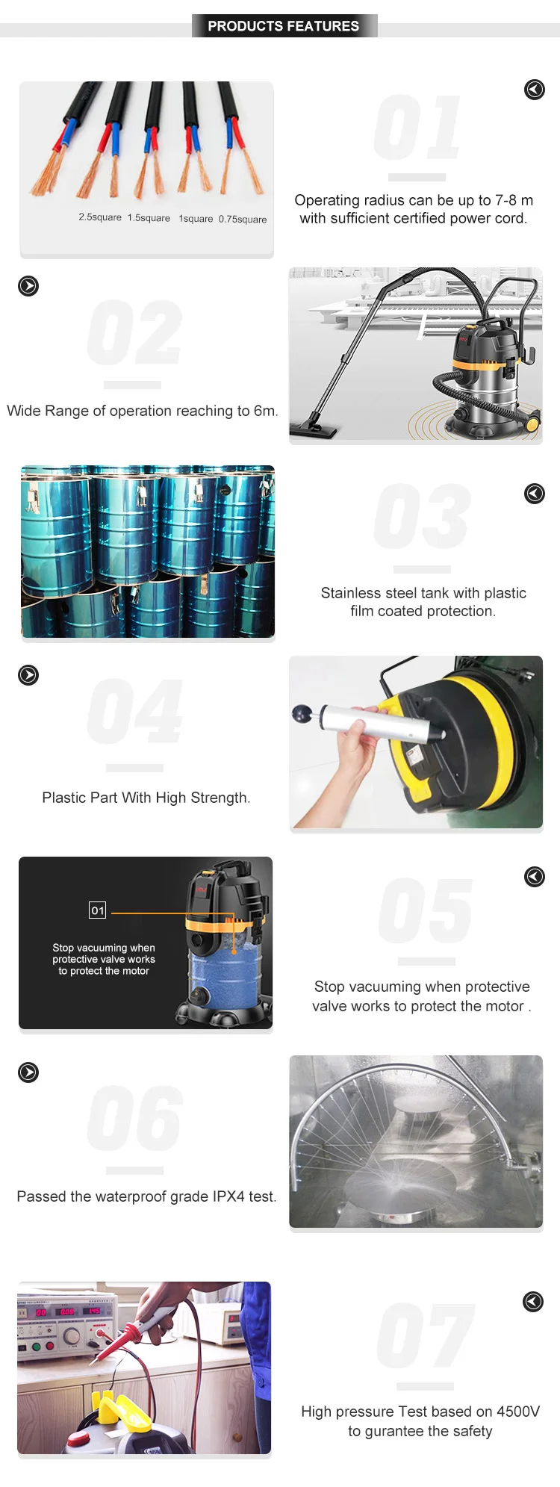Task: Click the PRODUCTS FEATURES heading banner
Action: [284, 26]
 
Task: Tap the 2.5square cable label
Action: [100, 217]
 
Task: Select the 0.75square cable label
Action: [243, 220]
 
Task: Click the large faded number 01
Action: [417, 128]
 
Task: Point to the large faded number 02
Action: [134, 333]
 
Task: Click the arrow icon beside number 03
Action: [535, 494]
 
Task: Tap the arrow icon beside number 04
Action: [28, 675]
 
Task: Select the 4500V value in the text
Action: [518, 1412]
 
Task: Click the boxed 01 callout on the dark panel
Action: [98, 910]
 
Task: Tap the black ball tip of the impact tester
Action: [302, 714]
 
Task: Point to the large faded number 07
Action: [425, 1335]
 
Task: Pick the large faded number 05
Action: [426, 911]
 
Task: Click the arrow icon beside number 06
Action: [28, 1072]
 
